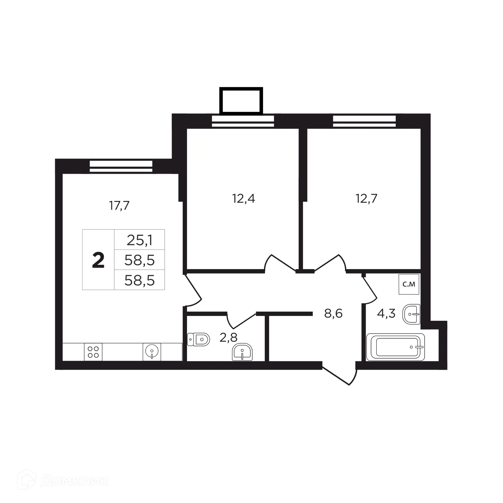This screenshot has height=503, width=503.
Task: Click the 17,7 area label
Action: (x=119, y=206)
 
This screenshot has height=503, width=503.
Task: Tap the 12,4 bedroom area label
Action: (x=243, y=199)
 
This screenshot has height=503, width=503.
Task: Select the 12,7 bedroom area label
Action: (x=366, y=199)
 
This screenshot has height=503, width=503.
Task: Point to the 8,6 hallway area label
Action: (x=333, y=313)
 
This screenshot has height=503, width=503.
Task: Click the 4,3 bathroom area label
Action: (x=386, y=313)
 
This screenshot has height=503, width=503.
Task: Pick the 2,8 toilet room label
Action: (x=228, y=337)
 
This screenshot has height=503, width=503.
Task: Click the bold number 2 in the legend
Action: (x=98, y=260)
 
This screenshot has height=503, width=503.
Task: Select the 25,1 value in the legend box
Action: (x=139, y=240)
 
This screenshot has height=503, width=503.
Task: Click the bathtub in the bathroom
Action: (x=395, y=347)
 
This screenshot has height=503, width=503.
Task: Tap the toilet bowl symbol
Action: (x=199, y=340)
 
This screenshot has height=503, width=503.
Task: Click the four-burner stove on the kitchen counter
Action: (x=93, y=352)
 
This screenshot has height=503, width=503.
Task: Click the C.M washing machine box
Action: (x=409, y=284)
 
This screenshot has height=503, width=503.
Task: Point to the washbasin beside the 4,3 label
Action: (x=412, y=314)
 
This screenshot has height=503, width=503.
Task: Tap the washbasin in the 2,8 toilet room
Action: (x=242, y=352)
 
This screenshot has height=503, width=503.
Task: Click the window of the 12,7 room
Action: (x=364, y=121)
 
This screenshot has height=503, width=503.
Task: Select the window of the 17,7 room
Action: (x=121, y=167)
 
